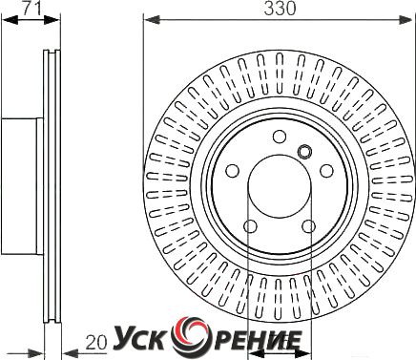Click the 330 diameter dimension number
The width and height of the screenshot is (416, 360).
(280, 9)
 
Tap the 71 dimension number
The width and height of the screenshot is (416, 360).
(31, 8)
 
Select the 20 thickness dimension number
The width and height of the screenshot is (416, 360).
(96, 343)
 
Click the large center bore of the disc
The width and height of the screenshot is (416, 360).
(280, 186)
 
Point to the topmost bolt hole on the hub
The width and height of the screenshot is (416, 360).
(280, 137)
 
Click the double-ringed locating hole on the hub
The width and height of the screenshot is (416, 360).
(304, 151)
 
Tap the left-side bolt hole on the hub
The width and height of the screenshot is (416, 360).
(233, 171)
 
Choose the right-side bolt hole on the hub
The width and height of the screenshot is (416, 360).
(326, 171)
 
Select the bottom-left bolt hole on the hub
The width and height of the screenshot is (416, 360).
(251, 226)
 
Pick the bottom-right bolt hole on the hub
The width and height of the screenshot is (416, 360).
(309, 226)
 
